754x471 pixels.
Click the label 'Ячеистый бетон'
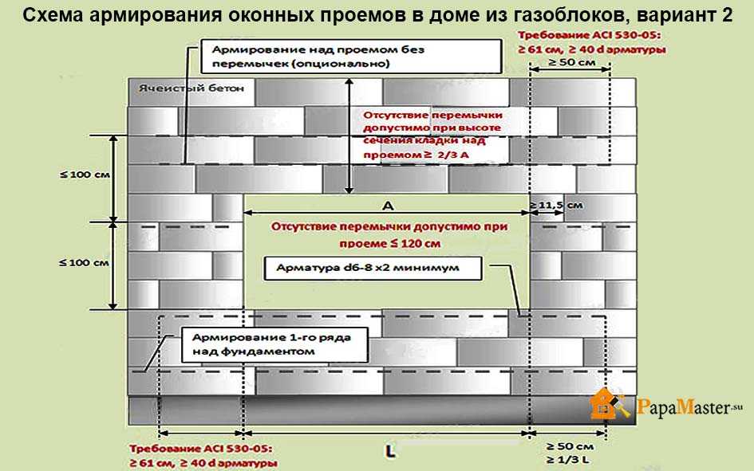click(x=191, y=88)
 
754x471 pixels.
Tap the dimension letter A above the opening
click(x=388, y=206)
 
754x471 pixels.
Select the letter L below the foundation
click(x=390, y=451)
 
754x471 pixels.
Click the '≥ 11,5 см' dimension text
click(x=556, y=206)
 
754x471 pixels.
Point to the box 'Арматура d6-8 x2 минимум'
click(x=373, y=269)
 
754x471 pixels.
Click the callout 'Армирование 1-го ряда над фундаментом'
click(x=274, y=345)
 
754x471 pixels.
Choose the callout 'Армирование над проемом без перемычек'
click(x=351, y=56)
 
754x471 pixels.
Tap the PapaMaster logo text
click(x=689, y=407)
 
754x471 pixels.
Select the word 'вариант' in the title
click(x=675, y=15)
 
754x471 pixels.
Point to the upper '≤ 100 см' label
click(x=85, y=175)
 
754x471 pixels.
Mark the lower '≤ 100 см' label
click(x=84, y=263)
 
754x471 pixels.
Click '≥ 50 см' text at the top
click(x=570, y=62)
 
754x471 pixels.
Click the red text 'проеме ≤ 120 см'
click(x=389, y=243)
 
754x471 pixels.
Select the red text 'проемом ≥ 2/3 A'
click(x=416, y=155)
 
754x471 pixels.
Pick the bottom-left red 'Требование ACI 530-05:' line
click(x=200, y=449)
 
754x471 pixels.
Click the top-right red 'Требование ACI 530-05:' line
click(x=589, y=35)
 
